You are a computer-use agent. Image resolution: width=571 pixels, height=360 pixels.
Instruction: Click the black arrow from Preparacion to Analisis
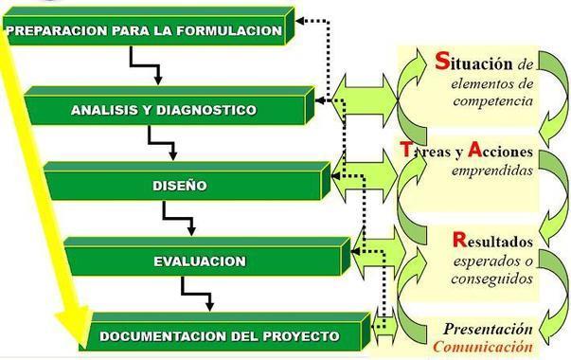point(145,65)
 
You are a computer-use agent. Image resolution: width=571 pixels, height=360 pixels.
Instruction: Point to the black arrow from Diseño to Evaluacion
point(178,219)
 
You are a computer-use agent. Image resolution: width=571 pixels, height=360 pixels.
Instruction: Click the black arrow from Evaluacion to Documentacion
point(197,294)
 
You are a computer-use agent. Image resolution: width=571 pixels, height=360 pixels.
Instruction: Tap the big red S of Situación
point(442,61)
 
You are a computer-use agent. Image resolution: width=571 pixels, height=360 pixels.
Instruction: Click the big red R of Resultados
point(460,239)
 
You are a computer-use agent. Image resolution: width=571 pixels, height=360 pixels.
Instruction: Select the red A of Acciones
point(475,149)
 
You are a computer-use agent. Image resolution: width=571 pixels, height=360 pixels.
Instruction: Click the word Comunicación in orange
point(483,346)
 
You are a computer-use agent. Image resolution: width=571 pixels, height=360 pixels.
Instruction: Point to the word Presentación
point(488,329)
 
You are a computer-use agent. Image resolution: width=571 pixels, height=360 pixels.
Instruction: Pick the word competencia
point(492,101)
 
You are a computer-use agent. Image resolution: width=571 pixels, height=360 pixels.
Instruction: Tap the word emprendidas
point(492,171)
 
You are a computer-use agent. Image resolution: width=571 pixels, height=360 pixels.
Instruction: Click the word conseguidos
point(492,279)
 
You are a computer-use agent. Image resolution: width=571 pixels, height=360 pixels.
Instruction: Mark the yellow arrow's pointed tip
point(83,349)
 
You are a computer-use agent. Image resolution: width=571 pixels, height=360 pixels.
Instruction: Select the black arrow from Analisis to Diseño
point(163,143)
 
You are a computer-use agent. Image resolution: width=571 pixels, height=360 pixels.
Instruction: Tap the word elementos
point(482,83)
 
